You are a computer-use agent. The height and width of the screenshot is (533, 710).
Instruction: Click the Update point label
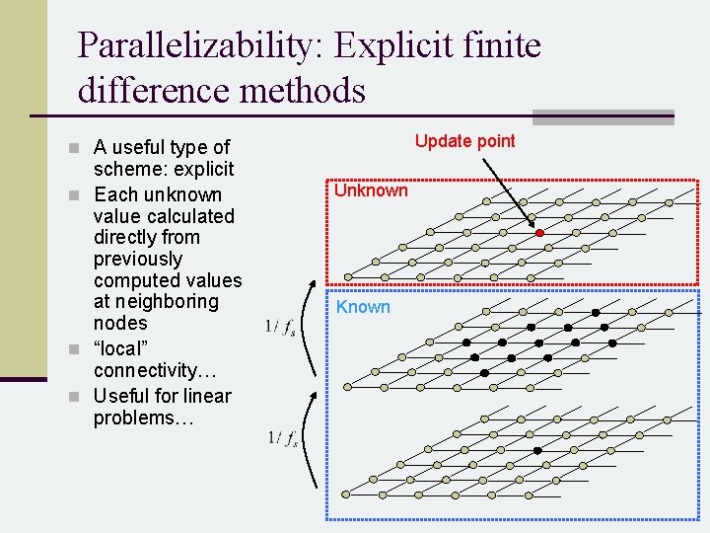pos(464,141)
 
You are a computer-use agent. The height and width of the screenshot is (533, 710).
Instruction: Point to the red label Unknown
pos(371,190)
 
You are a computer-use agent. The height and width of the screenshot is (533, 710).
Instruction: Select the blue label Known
pos(363,307)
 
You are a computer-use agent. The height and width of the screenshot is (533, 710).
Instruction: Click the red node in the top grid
pos(540,234)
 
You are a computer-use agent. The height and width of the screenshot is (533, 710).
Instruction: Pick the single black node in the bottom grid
pos(537,450)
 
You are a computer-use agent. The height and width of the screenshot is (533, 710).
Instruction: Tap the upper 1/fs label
pos(282,328)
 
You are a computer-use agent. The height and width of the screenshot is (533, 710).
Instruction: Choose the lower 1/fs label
pos(282,438)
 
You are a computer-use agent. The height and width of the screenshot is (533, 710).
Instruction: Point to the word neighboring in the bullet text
pos(154,302)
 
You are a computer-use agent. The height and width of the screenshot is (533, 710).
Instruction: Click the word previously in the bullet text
pos(138,259)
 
